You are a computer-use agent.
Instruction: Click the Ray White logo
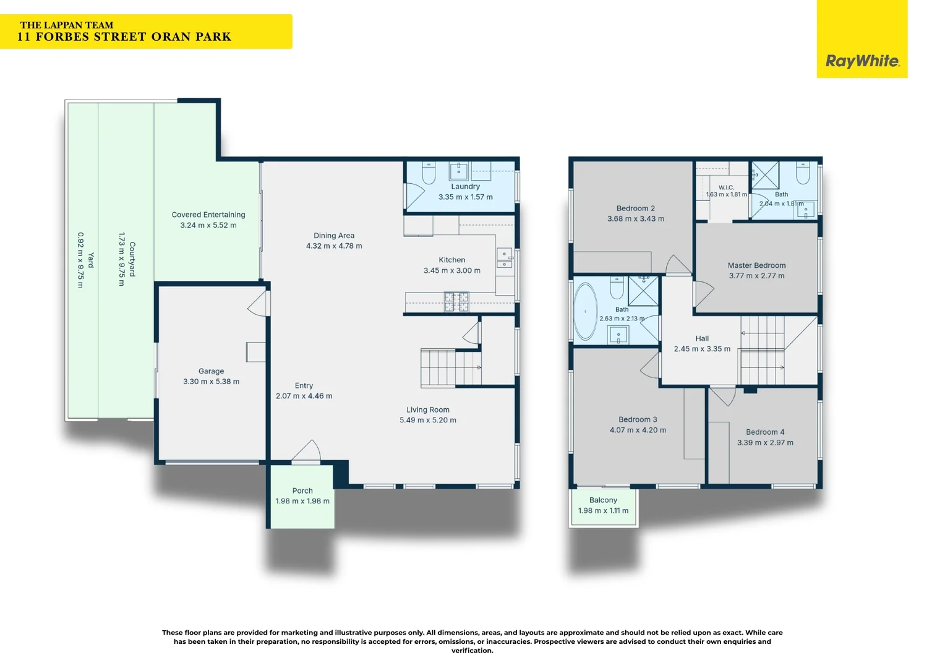(x=862, y=61)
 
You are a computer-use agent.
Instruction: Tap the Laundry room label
(x=465, y=187)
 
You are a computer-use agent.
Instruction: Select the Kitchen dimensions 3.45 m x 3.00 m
(x=452, y=270)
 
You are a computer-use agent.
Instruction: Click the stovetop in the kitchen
(x=456, y=302)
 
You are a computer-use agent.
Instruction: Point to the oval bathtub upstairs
(x=585, y=311)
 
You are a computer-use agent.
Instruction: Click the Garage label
(x=211, y=371)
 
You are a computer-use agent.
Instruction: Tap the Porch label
(x=302, y=490)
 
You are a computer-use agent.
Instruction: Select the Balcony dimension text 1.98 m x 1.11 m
(x=603, y=511)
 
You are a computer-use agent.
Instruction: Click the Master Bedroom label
(x=756, y=265)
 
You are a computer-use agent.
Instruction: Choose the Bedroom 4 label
(x=765, y=432)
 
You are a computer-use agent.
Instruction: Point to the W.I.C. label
(x=726, y=187)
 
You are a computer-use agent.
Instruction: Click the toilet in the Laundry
(x=428, y=173)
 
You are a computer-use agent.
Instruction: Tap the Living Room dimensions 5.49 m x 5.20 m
(x=428, y=421)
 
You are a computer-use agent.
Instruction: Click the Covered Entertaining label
(x=208, y=215)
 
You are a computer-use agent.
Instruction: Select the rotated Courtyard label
(x=132, y=259)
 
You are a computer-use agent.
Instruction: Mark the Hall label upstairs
(x=701, y=338)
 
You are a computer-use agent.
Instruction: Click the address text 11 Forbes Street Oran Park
(x=124, y=37)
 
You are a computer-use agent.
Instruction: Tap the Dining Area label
(x=334, y=236)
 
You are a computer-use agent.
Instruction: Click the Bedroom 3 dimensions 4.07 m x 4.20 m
(x=638, y=430)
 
